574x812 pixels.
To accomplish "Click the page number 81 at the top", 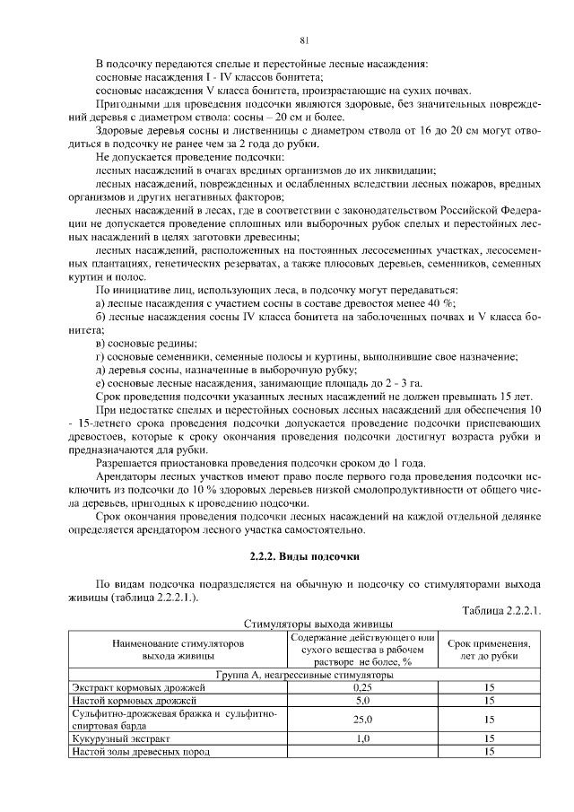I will pos(304,39).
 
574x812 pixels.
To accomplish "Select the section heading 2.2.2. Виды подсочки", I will pos(304,555).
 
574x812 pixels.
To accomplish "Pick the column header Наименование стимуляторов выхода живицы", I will pos(178,650).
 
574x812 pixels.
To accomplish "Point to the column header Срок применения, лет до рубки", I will pos(489,650).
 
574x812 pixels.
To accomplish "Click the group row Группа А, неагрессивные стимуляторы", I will pos(305,674).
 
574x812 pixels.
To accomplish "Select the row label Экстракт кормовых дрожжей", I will pos(130,687).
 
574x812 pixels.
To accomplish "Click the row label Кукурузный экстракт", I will pos(119,738).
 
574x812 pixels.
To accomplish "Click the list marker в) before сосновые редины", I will pos(100,343).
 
